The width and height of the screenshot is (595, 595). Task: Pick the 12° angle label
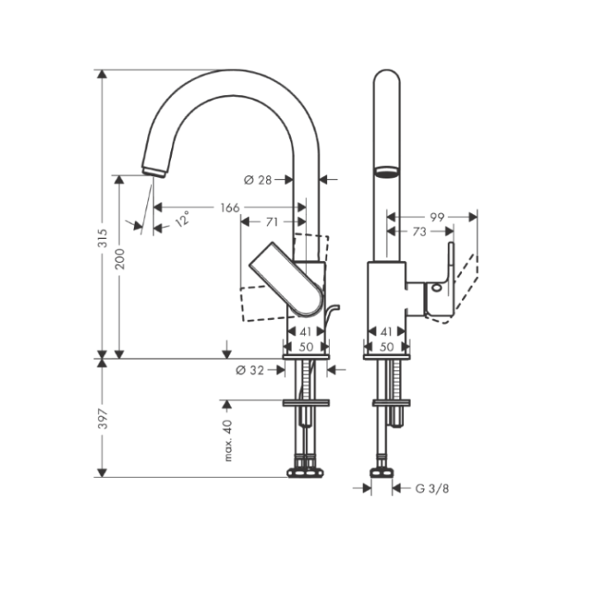[x=182, y=219]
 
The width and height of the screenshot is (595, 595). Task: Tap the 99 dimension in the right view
[x=437, y=217]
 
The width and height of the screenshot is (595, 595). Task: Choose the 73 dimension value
[x=420, y=232]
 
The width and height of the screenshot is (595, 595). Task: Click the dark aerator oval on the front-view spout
[x=386, y=172]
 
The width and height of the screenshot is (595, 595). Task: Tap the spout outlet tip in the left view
[x=154, y=170]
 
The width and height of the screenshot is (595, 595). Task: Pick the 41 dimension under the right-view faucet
[x=386, y=331]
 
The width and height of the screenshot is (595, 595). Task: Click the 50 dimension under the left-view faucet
[x=306, y=347]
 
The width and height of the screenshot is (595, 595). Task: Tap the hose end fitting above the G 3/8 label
[x=382, y=471]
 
